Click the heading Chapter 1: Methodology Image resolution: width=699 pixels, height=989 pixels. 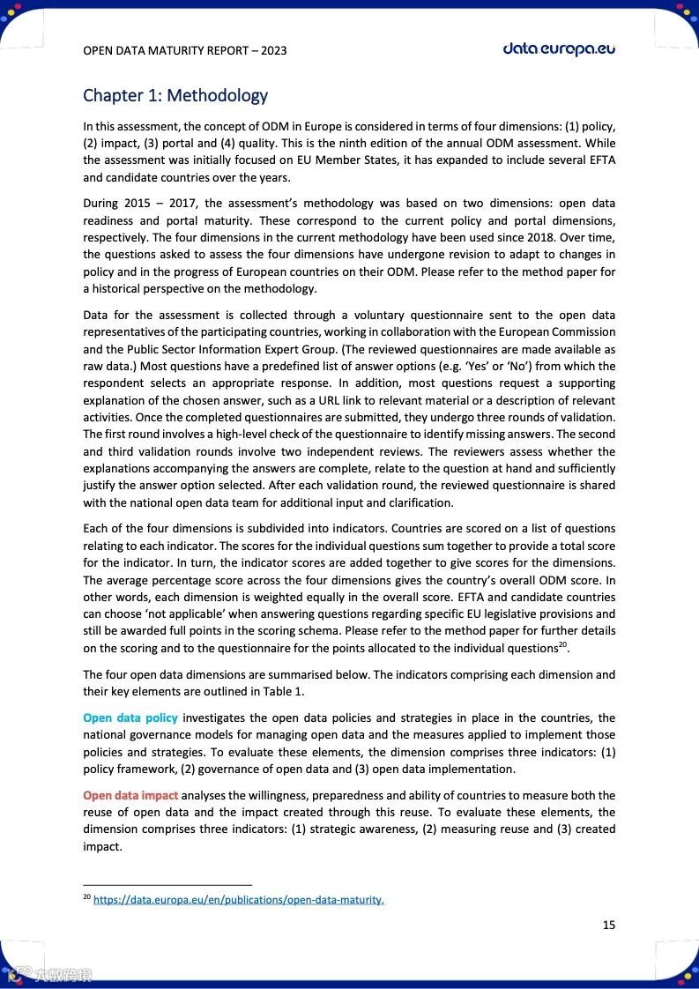click(x=175, y=95)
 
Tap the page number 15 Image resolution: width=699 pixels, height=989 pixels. click(x=609, y=925)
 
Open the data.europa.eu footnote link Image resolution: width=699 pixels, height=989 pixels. click(x=238, y=900)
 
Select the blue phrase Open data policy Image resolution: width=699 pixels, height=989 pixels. click(x=130, y=718)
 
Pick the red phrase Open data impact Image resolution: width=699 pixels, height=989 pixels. click(x=130, y=796)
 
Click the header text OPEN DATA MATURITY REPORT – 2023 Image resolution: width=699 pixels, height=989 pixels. click(x=184, y=50)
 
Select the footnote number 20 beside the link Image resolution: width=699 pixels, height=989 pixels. click(x=86, y=897)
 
